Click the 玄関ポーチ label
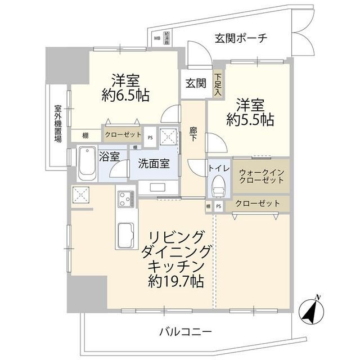[x=241, y=38]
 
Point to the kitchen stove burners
[x=124, y=199]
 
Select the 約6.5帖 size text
[x=126, y=96]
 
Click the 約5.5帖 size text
[x=250, y=120]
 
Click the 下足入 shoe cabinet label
[x=218, y=83]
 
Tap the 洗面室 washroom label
[x=154, y=165]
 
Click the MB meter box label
[x=157, y=39]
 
